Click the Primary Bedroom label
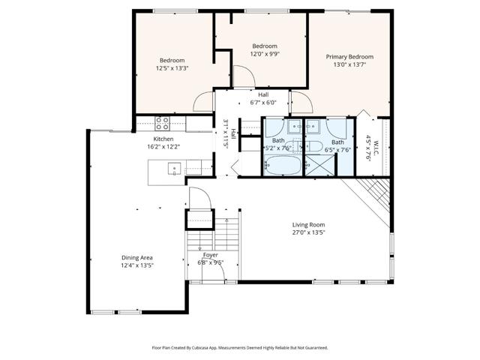[349, 57]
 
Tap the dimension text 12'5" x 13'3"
[172, 68]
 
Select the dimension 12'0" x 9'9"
[264, 53]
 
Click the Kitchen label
[163, 139]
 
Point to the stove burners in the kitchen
[163, 122]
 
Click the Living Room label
[308, 224]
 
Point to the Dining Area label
[136, 258]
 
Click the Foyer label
[211, 255]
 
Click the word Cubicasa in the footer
[214, 348]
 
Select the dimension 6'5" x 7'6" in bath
[338, 149]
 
